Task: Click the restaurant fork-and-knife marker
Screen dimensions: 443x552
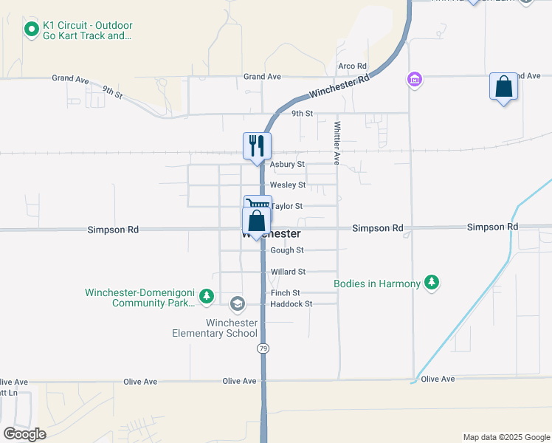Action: click(257, 145)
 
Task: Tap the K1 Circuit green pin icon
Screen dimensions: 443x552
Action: click(31, 30)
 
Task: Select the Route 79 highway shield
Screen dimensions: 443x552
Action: click(262, 347)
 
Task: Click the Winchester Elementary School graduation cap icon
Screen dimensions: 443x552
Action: click(237, 303)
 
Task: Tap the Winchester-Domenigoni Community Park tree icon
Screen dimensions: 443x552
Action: click(207, 297)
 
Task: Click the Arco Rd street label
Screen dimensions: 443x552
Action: click(352, 66)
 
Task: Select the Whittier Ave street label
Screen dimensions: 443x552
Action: click(337, 142)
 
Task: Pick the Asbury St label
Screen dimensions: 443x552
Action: click(287, 165)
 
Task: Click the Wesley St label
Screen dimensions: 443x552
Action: click(287, 185)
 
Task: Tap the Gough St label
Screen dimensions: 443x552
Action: click(286, 250)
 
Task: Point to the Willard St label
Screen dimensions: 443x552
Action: click(287, 272)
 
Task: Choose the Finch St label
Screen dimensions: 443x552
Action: click(285, 293)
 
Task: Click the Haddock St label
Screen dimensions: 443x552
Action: click(291, 303)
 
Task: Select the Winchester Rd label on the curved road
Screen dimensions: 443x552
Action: click(339, 88)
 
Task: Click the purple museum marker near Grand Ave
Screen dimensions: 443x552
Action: click(414, 78)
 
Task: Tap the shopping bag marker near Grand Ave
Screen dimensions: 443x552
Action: click(503, 87)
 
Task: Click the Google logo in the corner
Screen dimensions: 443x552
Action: click(24, 433)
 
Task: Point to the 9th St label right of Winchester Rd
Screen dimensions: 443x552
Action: click(302, 114)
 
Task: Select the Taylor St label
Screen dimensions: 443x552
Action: click(288, 207)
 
